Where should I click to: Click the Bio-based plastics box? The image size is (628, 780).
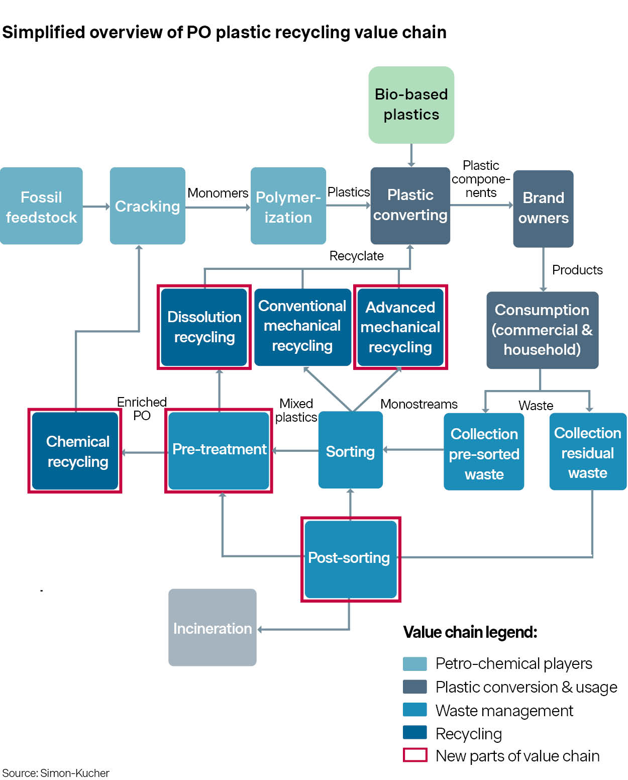coord(411,105)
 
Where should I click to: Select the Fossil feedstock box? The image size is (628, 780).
coord(41,206)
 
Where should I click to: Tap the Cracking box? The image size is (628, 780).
coord(147,206)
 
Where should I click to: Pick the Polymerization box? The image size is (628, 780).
coord(288,206)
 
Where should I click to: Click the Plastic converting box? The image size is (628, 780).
coord(410,205)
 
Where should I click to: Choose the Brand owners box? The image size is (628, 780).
coord(543,208)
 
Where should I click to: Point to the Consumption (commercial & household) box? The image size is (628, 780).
coord(542,330)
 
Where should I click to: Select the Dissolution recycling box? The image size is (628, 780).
coord(204,327)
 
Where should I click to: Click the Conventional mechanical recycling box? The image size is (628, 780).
coord(302,326)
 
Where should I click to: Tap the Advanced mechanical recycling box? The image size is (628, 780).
coord(400,327)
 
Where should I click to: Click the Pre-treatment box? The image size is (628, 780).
coord(219,450)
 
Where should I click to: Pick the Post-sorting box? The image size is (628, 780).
coord(350,559)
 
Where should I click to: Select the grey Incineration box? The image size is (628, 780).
coord(212,627)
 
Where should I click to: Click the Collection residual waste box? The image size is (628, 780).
coord(587,452)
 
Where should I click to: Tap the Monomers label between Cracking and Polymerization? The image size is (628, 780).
coord(218,193)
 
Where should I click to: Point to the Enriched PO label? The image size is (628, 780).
coord(142,409)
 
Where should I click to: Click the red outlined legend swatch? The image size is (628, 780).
coord(414,755)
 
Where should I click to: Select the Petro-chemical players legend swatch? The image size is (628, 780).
coord(414,663)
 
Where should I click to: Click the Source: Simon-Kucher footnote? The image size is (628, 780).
coord(56,773)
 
